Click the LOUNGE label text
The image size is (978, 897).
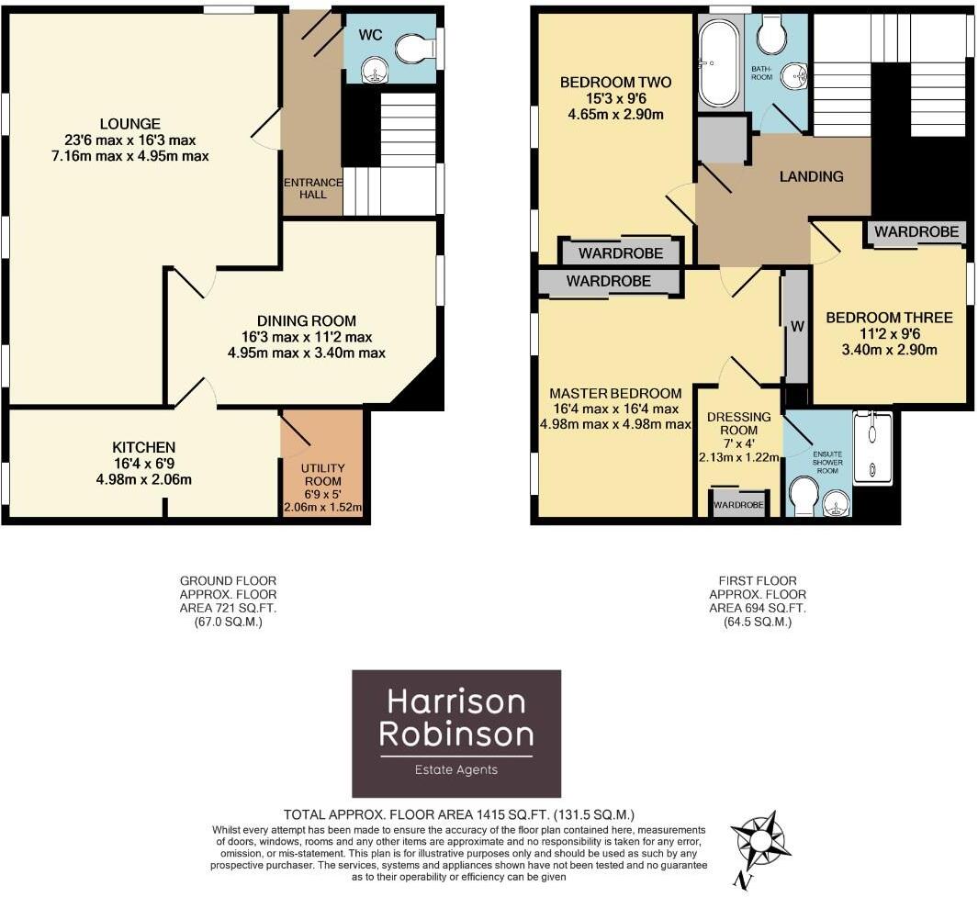130,124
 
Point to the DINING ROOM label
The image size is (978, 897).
306,320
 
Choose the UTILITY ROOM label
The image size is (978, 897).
322,481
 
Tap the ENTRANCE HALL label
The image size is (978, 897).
313,188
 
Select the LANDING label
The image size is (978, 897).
811,176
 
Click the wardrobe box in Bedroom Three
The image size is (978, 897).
916,233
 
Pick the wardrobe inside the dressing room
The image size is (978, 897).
739,505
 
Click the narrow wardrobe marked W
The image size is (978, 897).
795,326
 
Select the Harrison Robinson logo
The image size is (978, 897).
456,734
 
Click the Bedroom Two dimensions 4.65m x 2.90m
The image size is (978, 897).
615,115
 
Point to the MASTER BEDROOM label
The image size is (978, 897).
614,393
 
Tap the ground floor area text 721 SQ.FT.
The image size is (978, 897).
228,608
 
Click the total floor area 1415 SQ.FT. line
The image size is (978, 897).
459,814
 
